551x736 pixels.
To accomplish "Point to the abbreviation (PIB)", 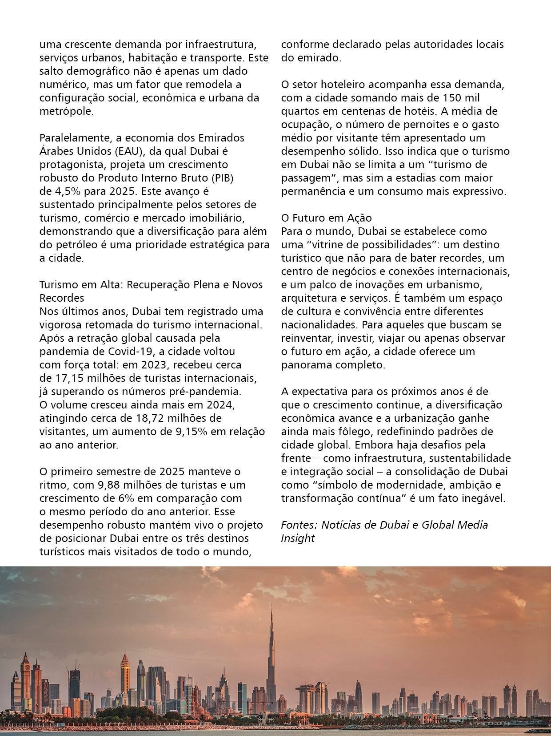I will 222,178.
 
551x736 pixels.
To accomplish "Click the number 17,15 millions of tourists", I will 68,378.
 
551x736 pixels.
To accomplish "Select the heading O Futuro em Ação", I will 326,218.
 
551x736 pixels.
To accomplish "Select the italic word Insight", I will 298,538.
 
